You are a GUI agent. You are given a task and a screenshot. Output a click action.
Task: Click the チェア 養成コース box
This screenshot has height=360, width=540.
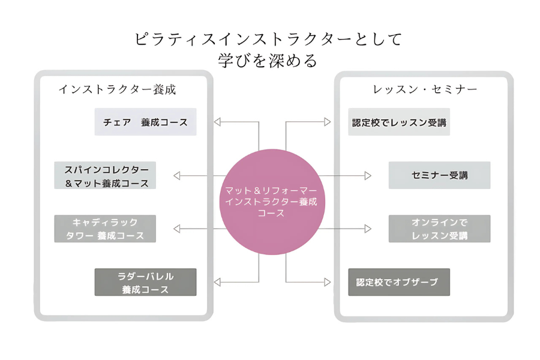145,122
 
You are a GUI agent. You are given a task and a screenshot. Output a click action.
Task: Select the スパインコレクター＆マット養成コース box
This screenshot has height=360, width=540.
106,175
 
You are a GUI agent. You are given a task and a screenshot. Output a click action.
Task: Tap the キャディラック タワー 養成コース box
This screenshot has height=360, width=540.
106,229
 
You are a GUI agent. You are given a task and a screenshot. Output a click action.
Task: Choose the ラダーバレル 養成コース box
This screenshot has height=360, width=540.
145,282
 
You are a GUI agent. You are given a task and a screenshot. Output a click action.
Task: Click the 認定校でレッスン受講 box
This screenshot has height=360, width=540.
399,122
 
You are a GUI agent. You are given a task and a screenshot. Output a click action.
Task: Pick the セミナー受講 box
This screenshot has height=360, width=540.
439,175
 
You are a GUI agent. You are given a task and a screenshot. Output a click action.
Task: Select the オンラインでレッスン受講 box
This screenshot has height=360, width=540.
439,229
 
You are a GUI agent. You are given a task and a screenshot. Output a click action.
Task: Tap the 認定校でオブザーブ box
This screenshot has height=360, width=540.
399,282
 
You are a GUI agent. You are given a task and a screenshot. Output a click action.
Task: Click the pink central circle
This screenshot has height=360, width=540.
272,202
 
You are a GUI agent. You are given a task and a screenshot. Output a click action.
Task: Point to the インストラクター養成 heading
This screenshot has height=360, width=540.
117,89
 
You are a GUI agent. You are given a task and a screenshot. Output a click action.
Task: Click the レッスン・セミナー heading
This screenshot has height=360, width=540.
425,89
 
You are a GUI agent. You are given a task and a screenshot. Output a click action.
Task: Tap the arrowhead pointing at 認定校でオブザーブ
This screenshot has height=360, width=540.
327,282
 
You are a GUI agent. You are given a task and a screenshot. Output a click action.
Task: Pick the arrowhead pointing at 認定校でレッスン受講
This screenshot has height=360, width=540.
327,122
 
